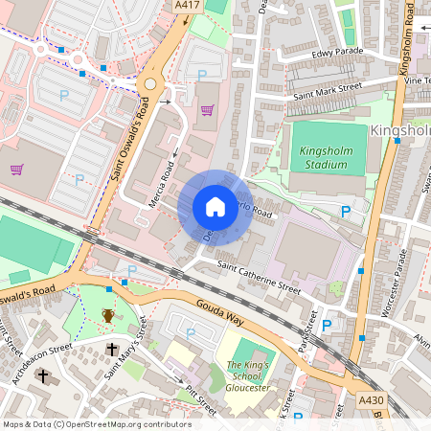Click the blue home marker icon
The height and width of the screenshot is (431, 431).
click(215, 206)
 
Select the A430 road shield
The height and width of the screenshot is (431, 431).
click(371, 398)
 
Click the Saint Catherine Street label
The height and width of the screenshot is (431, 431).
click(259, 278)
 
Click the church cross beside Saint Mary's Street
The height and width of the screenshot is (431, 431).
click(112, 350)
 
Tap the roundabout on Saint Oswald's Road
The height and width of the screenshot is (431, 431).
click(148, 84)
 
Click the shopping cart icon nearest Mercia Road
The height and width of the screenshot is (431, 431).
click(207, 110)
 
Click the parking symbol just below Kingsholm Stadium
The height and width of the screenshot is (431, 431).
click(346, 212)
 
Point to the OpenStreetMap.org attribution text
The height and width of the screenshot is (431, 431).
click(96, 424)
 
